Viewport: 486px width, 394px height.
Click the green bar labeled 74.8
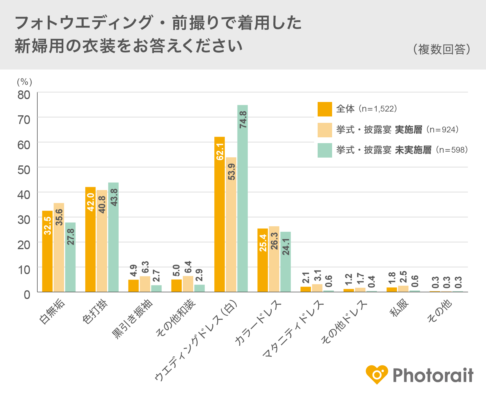tap(242, 198)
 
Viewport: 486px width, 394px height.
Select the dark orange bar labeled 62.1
tap(220, 214)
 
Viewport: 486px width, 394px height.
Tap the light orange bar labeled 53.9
tap(231, 225)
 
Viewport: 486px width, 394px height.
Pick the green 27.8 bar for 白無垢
tap(70, 257)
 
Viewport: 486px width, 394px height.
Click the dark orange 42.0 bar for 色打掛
tap(91, 239)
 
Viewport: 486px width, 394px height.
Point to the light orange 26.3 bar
tap(274, 259)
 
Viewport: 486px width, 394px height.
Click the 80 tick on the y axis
tap(24, 95)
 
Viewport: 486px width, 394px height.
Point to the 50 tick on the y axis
tap(24, 170)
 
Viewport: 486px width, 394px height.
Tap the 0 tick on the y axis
tap(27, 295)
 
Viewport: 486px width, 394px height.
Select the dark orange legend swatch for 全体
tap(325, 109)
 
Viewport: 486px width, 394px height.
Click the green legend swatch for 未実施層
tap(325, 150)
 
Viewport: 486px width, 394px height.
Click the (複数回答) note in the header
tap(441, 49)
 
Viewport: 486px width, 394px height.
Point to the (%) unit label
tap(24, 82)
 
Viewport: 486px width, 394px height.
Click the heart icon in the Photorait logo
tap(377, 375)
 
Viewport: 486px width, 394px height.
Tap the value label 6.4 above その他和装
tap(188, 267)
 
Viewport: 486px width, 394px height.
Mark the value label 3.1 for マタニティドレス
tap(317, 275)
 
